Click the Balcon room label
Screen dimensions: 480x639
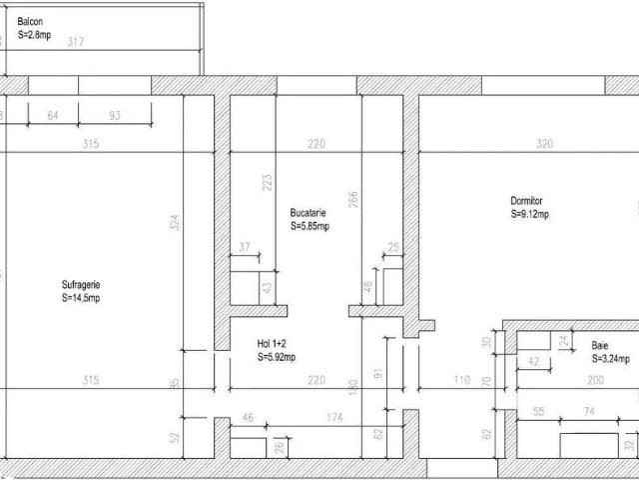(30, 21)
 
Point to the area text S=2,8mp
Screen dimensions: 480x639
(36, 34)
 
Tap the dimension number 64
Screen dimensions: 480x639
(53, 116)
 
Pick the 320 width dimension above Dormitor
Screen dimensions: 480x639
(544, 144)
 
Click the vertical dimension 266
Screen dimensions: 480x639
(352, 200)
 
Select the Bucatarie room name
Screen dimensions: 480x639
(309, 213)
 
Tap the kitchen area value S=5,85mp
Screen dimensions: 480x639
(310, 226)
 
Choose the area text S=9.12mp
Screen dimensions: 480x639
(529, 213)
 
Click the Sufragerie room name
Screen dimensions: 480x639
(81, 284)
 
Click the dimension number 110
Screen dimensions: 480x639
(461, 380)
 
